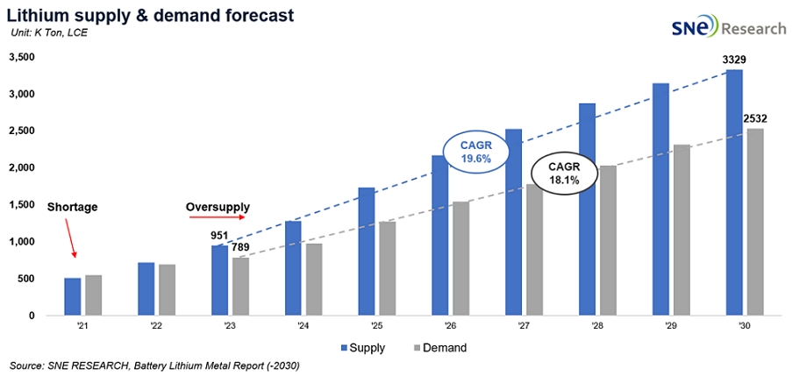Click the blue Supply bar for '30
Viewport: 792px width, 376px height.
pyautogui.click(x=734, y=192)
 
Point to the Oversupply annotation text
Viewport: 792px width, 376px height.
pyautogui.click(x=218, y=208)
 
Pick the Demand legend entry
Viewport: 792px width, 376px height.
pyautogui.click(x=438, y=348)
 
